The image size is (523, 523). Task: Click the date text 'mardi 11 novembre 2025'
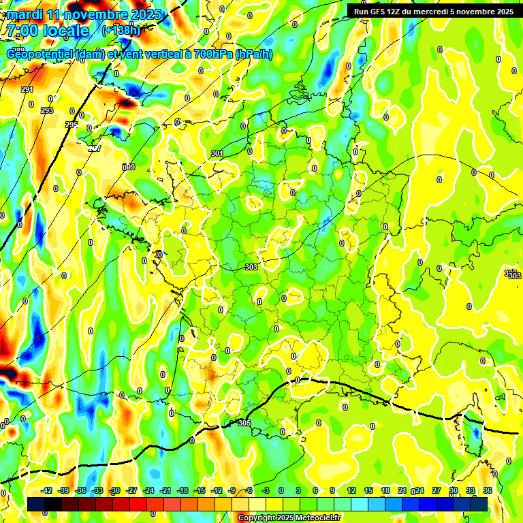[84, 14]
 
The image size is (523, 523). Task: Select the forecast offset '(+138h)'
[121, 31]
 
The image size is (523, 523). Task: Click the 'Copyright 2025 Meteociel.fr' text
[289, 518]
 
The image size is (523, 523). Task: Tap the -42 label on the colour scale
[46, 490]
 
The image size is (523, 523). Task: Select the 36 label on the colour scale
[488, 490]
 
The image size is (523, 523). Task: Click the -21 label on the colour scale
[165, 490]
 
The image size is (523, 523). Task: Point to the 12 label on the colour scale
[351, 490]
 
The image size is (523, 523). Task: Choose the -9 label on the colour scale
[232, 490]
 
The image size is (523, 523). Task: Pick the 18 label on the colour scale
[385, 490]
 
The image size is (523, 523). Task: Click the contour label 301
[217, 154]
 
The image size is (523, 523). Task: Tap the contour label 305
[244, 423]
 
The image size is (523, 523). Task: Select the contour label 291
[27, 90]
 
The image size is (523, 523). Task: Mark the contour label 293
[47, 110]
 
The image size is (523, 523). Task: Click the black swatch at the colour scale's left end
[36, 504]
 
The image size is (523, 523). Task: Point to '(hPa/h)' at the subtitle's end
[253, 54]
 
